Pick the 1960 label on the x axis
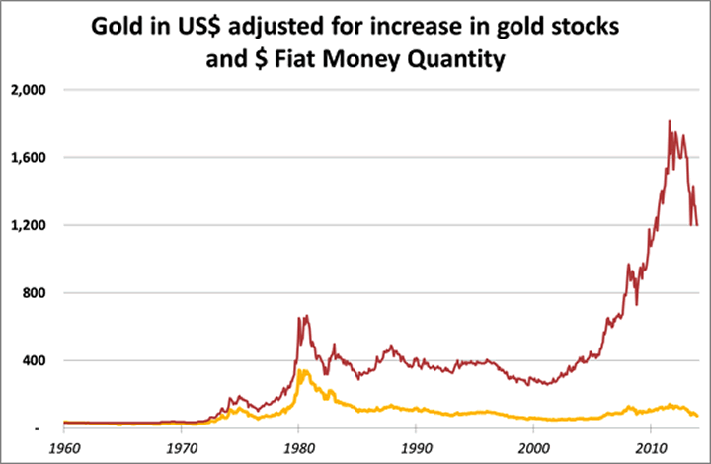63,446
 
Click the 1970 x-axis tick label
181,446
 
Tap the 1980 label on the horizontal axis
298,446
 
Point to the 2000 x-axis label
533,446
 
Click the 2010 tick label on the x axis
651,446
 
